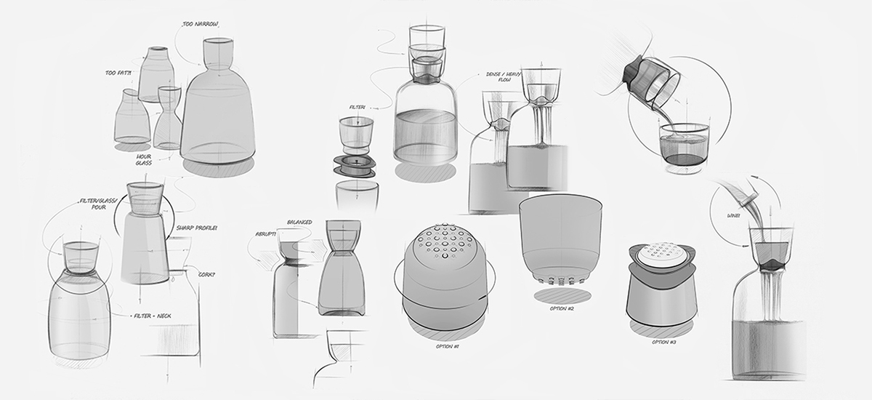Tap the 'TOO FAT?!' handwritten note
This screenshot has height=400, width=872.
[118, 73]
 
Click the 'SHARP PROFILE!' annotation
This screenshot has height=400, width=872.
[197, 228]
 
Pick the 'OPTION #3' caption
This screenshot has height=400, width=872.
[664, 341]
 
